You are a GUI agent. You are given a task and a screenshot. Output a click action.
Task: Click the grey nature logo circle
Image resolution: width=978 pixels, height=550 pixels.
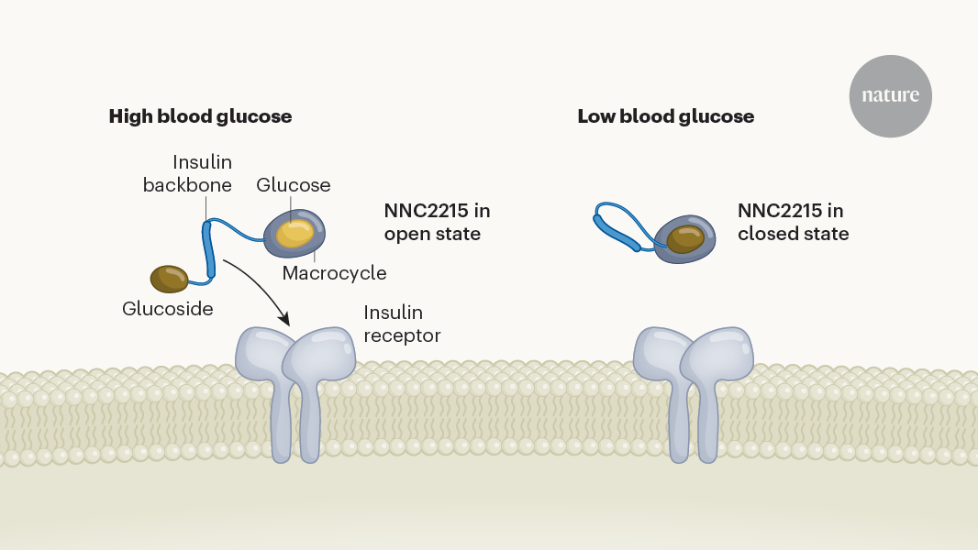point(890,96)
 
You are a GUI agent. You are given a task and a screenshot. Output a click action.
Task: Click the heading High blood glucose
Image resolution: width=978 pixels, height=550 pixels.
point(200,116)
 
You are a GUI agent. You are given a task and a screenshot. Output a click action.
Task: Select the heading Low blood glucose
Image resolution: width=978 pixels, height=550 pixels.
point(665,116)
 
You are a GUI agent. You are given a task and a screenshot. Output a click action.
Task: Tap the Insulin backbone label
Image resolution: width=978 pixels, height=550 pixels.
point(187,173)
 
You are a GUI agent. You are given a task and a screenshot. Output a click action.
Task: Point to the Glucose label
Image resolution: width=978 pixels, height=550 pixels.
point(294,185)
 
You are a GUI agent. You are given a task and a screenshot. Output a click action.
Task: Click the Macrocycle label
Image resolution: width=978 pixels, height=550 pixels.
point(334,273)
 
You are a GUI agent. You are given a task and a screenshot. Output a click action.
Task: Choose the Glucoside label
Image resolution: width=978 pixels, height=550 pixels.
point(168,308)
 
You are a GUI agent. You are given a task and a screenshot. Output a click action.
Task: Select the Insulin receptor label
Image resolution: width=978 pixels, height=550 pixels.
point(403,324)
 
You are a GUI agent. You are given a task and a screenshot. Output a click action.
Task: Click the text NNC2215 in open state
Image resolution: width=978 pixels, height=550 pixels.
point(438,222)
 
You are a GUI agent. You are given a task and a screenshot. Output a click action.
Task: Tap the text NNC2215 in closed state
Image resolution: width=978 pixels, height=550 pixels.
point(794,222)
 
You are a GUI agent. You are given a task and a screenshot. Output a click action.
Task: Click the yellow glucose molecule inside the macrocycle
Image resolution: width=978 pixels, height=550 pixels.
point(295,233)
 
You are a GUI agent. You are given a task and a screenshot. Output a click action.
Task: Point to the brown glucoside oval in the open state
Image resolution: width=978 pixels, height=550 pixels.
point(169,279)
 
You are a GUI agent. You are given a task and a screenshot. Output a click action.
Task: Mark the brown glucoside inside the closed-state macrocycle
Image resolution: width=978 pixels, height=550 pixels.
point(685,238)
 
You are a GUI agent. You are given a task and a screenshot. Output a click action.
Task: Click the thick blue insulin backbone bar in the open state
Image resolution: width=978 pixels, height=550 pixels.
point(209,249)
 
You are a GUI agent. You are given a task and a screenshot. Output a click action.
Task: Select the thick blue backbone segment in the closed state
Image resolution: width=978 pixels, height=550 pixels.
point(617,232)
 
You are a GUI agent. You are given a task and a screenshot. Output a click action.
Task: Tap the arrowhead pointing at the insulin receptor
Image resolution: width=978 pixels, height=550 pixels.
point(284,319)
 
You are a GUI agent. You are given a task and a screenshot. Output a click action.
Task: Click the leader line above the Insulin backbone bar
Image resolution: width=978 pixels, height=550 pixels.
point(206,209)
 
